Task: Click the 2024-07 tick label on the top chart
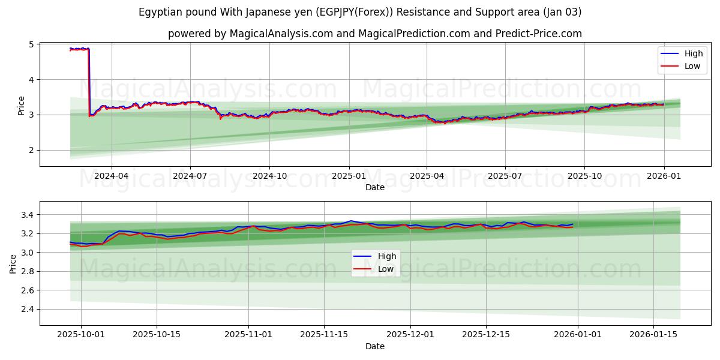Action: coord(190,176)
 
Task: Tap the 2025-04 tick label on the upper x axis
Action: coord(427,176)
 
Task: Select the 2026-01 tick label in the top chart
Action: coord(664,176)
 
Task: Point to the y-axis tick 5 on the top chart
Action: coord(32,44)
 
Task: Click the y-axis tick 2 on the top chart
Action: coord(32,150)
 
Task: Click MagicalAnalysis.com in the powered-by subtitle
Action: coord(281,34)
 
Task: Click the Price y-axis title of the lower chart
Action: coord(13,263)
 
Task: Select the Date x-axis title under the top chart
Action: coord(374,187)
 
